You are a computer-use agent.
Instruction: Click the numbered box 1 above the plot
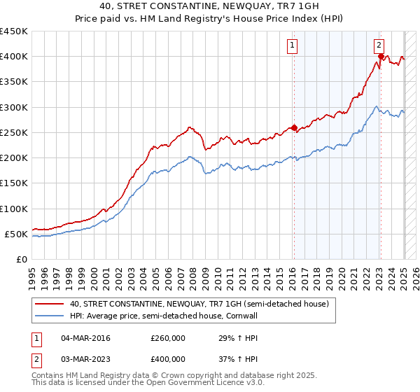291,47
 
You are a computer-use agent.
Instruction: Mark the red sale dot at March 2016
294,127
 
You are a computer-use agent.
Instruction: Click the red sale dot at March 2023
380,57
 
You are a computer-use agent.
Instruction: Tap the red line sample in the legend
49,304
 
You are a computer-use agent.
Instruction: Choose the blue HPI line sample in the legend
49,317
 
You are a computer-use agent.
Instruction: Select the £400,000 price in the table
168,359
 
